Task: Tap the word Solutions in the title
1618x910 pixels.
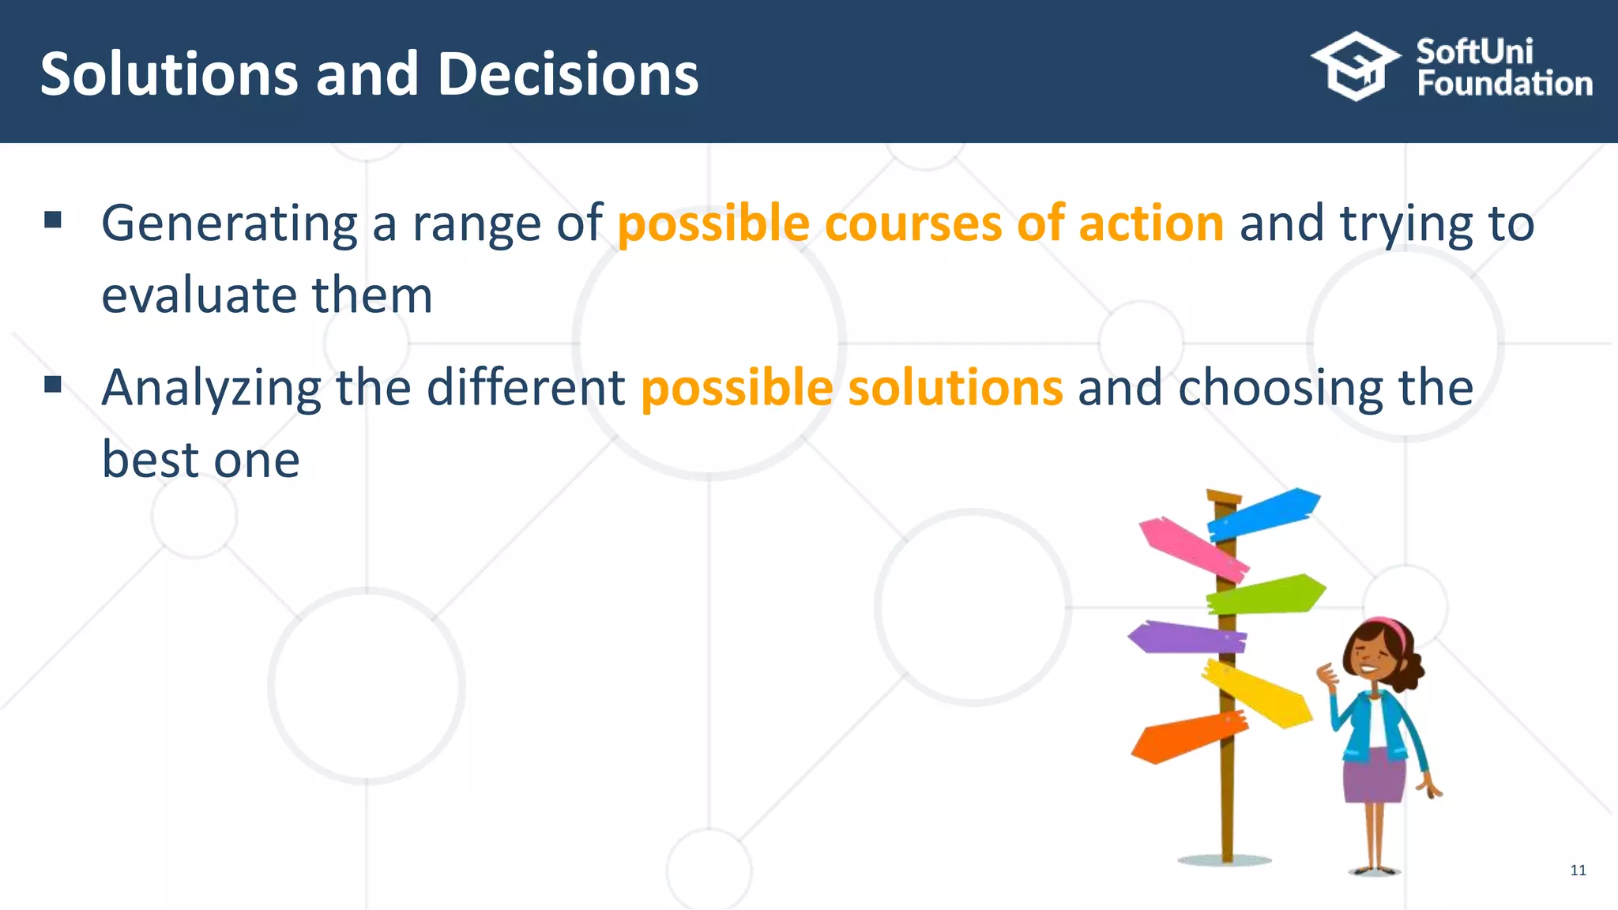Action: pyautogui.click(x=169, y=74)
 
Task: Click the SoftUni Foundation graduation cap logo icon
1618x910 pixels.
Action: pyautogui.click(x=1355, y=66)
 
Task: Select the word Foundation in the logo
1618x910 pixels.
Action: pyautogui.click(x=1504, y=84)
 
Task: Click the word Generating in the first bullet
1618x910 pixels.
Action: pyautogui.click(x=229, y=224)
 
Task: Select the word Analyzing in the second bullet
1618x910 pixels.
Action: pyautogui.click(x=211, y=388)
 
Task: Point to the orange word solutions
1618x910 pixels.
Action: pyautogui.click(x=955, y=388)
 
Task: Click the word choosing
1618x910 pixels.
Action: pyautogui.click(x=1281, y=388)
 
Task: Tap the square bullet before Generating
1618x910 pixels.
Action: pyautogui.click(x=53, y=220)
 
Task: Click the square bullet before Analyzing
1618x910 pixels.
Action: pyautogui.click(x=53, y=385)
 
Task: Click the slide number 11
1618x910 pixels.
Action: pyautogui.click(x=1578, y=871)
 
